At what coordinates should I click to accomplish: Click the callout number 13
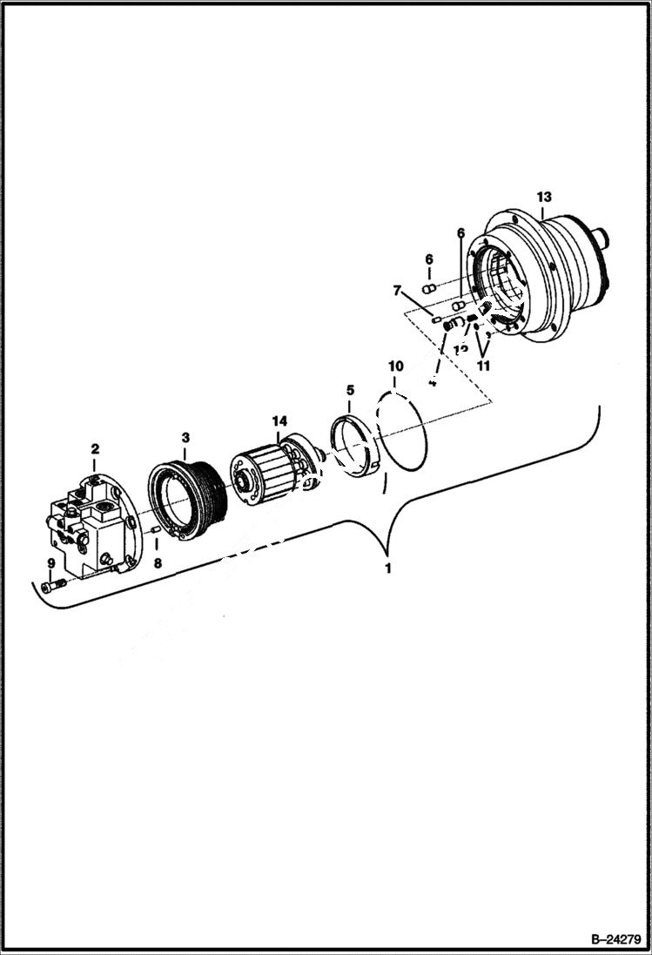[x=544, y=197]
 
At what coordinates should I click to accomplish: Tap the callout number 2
[x=95, y=449]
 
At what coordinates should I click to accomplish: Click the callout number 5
[x=350, y=390]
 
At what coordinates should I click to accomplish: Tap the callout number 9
[x=50, y=563]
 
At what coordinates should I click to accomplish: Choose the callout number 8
[x=158, y=563]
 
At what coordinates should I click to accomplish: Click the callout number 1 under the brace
[x=388, y=568]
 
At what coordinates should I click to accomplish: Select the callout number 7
[x=398, y=289]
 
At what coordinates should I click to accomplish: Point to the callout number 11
[x=483, y=366]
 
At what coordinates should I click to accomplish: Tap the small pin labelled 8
[x=155, y=529]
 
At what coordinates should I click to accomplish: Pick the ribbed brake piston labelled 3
[x=187, y=498]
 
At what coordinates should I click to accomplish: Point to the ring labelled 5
[x=354, y=448]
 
